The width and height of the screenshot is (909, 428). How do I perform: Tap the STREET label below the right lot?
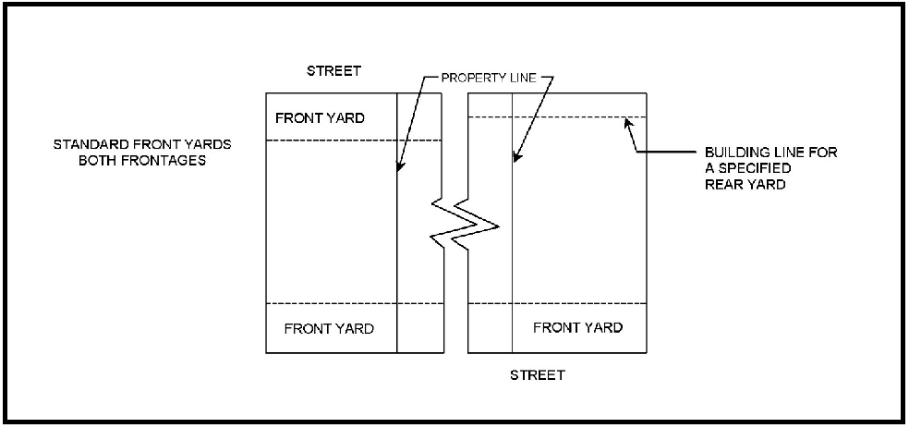537,375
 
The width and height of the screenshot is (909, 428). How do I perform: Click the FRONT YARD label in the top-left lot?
321,118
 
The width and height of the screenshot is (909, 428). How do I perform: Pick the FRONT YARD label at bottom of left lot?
329,329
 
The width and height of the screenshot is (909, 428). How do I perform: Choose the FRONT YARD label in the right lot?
577,328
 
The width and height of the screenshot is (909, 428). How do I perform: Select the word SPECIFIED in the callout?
749,168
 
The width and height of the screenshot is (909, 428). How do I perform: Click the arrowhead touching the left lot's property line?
399,169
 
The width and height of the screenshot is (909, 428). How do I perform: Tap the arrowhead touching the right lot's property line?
515,160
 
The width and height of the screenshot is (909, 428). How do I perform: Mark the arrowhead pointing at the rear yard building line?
629,120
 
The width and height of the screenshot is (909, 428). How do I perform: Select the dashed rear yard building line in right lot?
554,116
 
